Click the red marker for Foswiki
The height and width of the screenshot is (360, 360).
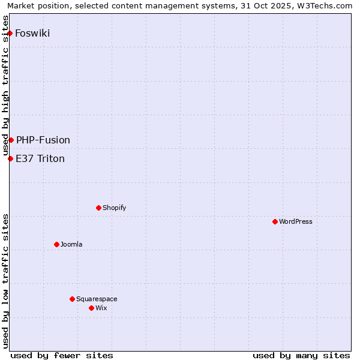(x=10, y=33)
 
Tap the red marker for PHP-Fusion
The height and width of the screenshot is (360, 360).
(x=11, y=140)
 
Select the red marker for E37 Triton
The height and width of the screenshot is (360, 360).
(x=10, y=158)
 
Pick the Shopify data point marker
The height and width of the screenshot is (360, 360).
(x=98, y=208)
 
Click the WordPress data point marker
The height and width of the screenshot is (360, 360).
(x=275, y=221)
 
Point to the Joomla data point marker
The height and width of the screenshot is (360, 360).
(x=56, y=244)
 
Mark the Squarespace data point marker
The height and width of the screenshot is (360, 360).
(x=72, y=299)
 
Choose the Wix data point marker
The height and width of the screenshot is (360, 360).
(x=91, y=308)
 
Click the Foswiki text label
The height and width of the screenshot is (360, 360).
(x=32, y=33)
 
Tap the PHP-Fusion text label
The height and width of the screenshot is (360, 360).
(x=43, y=140)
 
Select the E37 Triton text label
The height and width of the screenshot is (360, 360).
(x=40, y=158)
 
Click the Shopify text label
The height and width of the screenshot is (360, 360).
(x=114, y=208)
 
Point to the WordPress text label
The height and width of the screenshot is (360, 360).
(x=296, y=221)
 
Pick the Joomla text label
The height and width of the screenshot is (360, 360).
(x=71, y=244)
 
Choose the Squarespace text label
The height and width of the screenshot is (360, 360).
(x=97, y=299)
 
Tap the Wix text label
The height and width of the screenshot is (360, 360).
(x=101, y=308)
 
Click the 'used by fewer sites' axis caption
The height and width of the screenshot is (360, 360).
(x=62, y=355)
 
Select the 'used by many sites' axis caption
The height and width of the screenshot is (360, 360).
(x=301, y=355)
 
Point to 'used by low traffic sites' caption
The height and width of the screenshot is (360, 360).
(x=5, y=281)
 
